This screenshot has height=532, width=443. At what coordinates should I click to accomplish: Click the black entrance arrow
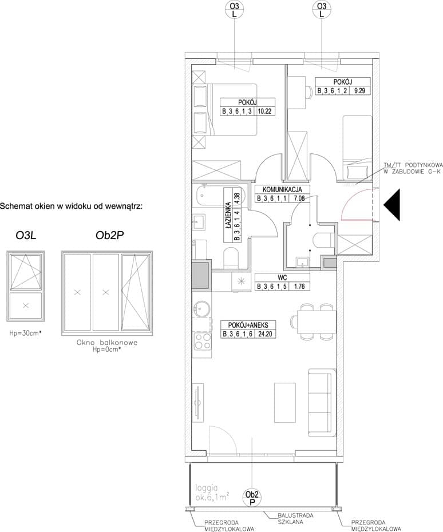(393, 205)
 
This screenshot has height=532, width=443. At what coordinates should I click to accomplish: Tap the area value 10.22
(264, 111)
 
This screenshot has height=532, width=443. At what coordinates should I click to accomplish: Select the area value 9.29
(359, 90)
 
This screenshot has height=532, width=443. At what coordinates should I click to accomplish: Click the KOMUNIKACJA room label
(282, 190)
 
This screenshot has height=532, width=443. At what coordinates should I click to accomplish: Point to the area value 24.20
(265, 334)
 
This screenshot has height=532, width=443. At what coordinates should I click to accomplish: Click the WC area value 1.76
(299, 287)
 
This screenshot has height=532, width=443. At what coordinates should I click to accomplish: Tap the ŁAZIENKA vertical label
(228, 215)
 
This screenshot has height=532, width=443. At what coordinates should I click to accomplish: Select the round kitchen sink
(201, 309)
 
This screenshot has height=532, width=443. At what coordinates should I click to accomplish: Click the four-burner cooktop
(202, 342)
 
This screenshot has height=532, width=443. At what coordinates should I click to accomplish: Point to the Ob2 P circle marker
(252, 498)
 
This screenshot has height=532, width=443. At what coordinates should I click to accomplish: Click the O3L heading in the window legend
(26, 236)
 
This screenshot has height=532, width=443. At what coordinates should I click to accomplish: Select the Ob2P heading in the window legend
(109, 236)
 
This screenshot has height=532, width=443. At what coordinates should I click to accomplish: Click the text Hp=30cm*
(25, 333)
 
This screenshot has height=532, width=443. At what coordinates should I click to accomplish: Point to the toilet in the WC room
(324, 241)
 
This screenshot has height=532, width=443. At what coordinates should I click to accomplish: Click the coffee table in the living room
(284, 403)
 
